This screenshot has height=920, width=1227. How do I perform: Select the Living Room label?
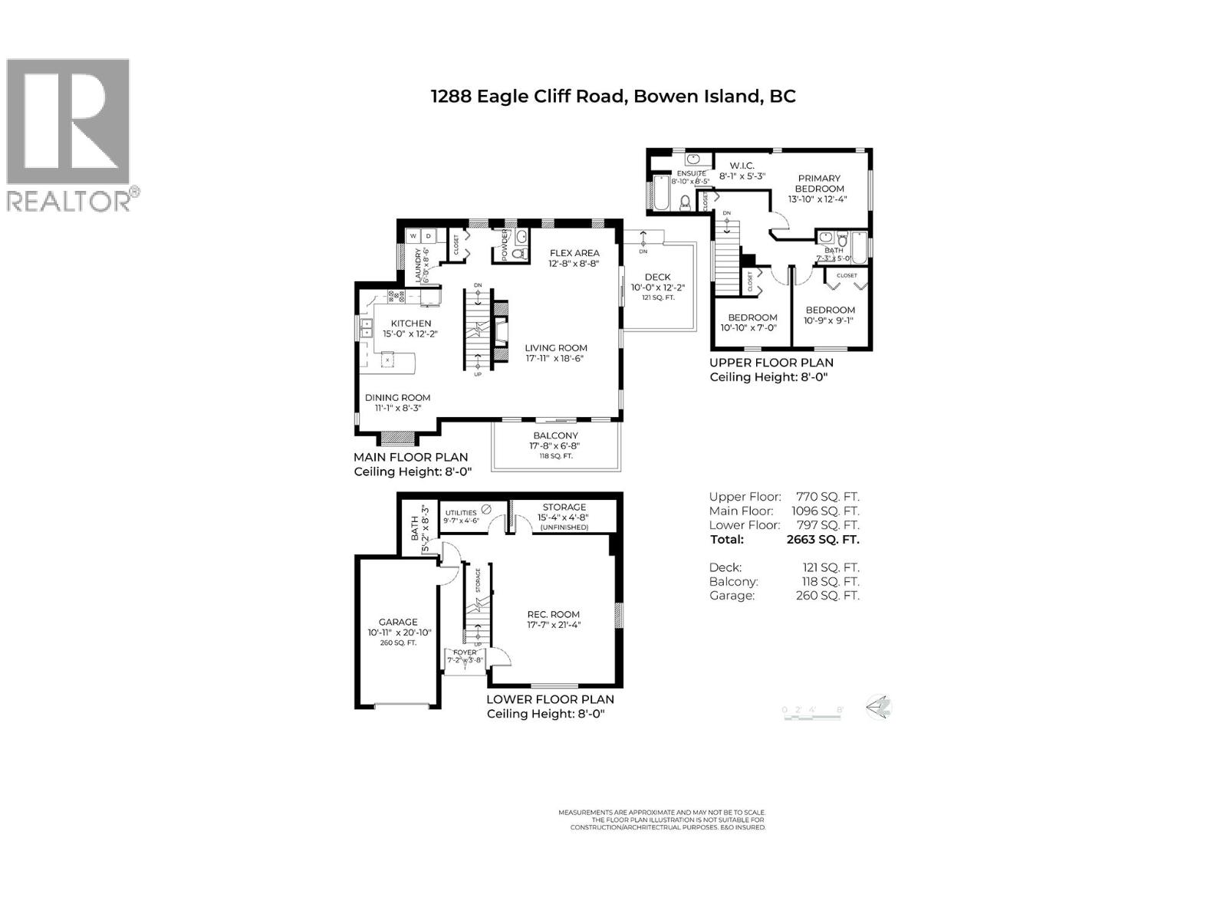[x=555, y=347]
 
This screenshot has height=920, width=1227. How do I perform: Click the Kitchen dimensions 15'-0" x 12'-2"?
[x=410, y=333]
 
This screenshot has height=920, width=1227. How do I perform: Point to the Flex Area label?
[x=574, y=253]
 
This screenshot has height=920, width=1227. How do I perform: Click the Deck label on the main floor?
[x=657, y=277]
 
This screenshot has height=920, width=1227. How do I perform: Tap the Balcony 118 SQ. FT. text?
[x=556, y=456]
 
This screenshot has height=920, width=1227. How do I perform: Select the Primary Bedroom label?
[x=818, y=183]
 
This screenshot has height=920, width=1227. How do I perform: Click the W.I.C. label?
[x=742, y=166]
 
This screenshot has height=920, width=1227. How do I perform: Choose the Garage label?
[x=398, y=622]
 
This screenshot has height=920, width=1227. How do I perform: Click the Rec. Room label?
[x=553, y=614]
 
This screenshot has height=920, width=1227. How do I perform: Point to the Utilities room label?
[x=461, y=513]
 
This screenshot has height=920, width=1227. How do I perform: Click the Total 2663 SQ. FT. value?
[x=822, y=539]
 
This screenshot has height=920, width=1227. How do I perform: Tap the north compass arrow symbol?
[x=879, y=706]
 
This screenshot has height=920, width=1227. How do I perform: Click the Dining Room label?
[x=397, y=397]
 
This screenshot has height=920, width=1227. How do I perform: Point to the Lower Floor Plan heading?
[x=550, y=699]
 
